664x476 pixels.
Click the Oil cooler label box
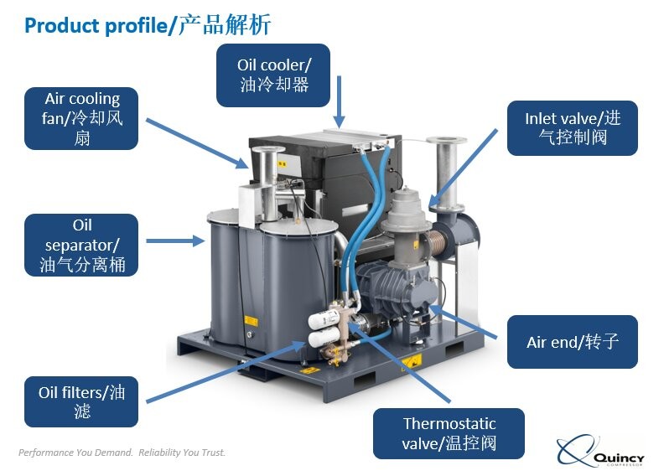pyautogui.click(x=273, y=75)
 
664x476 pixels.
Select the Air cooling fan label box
pyautogui.click(x=80, y=118)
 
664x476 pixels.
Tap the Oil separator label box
pyautogui.click(x=80, y=245)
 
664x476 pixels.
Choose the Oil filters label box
pyautogui.click(x=80, y=401)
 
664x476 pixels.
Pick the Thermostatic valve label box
pyautogui.click(x=449, y=433)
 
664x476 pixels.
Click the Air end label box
pyautogui.click(x=572, y=342)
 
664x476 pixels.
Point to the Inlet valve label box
pyautogui.click(x=572, y=127)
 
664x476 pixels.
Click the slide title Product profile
pyautogui.click(x=148, y=25)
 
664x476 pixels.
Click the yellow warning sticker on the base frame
pyautogui.click(x=410, y=362)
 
